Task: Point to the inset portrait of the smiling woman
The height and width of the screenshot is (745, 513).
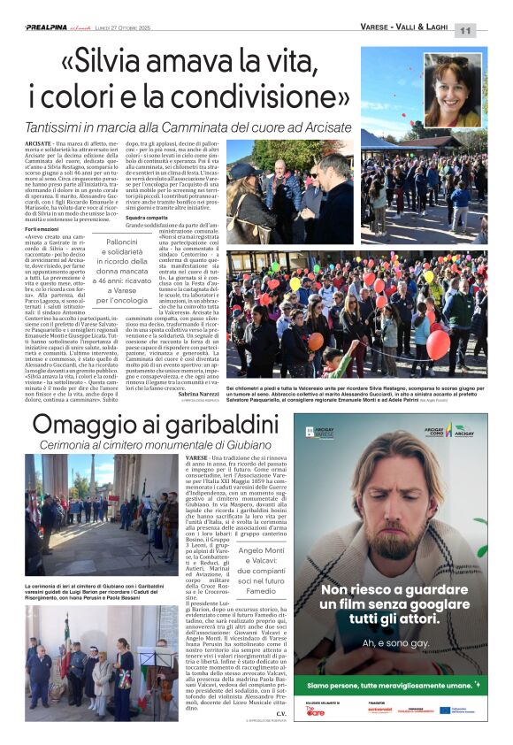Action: coord(452,89)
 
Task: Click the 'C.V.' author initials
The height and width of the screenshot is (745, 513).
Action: coord(281,713)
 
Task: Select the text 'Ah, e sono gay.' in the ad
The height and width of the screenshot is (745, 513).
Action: coord(393,641)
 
